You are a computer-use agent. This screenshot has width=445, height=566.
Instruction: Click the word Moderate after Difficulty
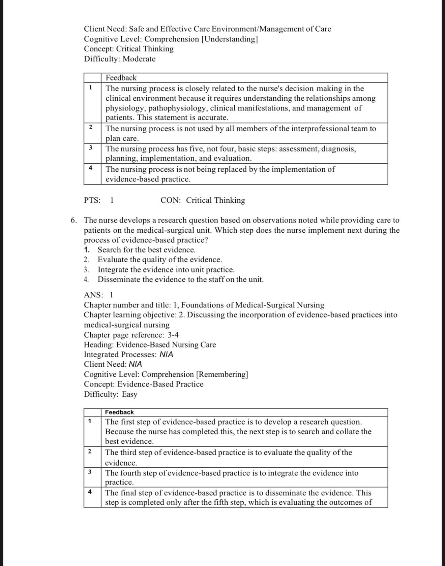coord(139,59)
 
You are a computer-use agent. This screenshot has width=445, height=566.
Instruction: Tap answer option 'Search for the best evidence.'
coord(146,250)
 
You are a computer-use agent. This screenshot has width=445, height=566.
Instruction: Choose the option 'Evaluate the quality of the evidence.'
coord(159,260)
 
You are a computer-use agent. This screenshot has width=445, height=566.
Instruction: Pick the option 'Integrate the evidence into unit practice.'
coord(166,270)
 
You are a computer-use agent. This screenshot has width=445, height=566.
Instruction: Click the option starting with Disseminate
coord(180,279)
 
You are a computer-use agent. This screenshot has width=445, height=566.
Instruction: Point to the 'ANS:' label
coord(93,295)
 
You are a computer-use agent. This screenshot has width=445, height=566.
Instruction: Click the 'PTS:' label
coord(92,200)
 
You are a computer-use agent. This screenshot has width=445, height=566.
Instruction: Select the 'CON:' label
coord(171,200)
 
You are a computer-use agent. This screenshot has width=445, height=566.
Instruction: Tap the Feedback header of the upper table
coord(121,78)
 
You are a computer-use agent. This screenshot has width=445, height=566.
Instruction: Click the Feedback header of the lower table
coord(119,412)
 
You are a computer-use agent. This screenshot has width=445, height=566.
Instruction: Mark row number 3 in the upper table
coord(90,148)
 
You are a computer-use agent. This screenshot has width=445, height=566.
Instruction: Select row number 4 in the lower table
coord(90,492)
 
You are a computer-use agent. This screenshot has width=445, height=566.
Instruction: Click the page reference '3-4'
coord(173,335)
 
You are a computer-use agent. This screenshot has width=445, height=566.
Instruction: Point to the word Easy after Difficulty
coord(129,394)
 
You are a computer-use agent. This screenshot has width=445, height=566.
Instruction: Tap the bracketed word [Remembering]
coord(222,374)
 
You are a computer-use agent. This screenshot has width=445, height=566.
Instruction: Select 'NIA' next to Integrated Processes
coord(166,355)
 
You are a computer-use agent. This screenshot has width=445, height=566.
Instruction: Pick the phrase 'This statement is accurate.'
coord(183,118)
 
